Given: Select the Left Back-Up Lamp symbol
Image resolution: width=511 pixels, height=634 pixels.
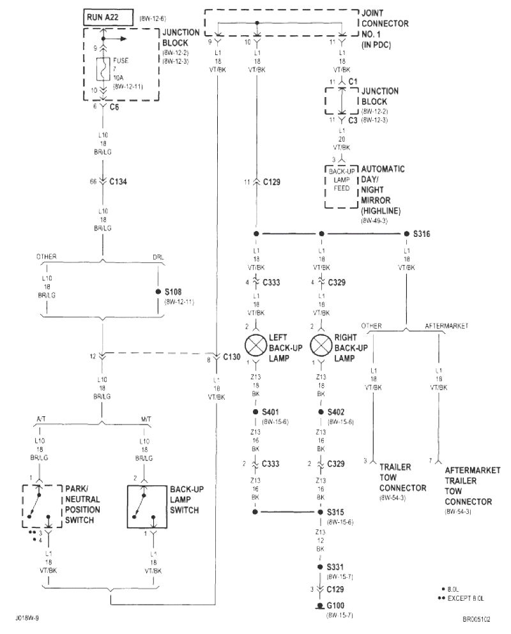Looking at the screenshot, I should pos(256,345).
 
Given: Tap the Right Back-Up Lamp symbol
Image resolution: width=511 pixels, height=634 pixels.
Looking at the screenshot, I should pos(320,345).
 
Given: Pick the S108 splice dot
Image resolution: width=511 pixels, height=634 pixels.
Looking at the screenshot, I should pos(158,291).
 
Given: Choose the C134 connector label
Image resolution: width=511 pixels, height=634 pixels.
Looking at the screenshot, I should pos(118,181).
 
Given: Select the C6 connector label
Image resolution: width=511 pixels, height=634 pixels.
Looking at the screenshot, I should pos(115,107).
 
